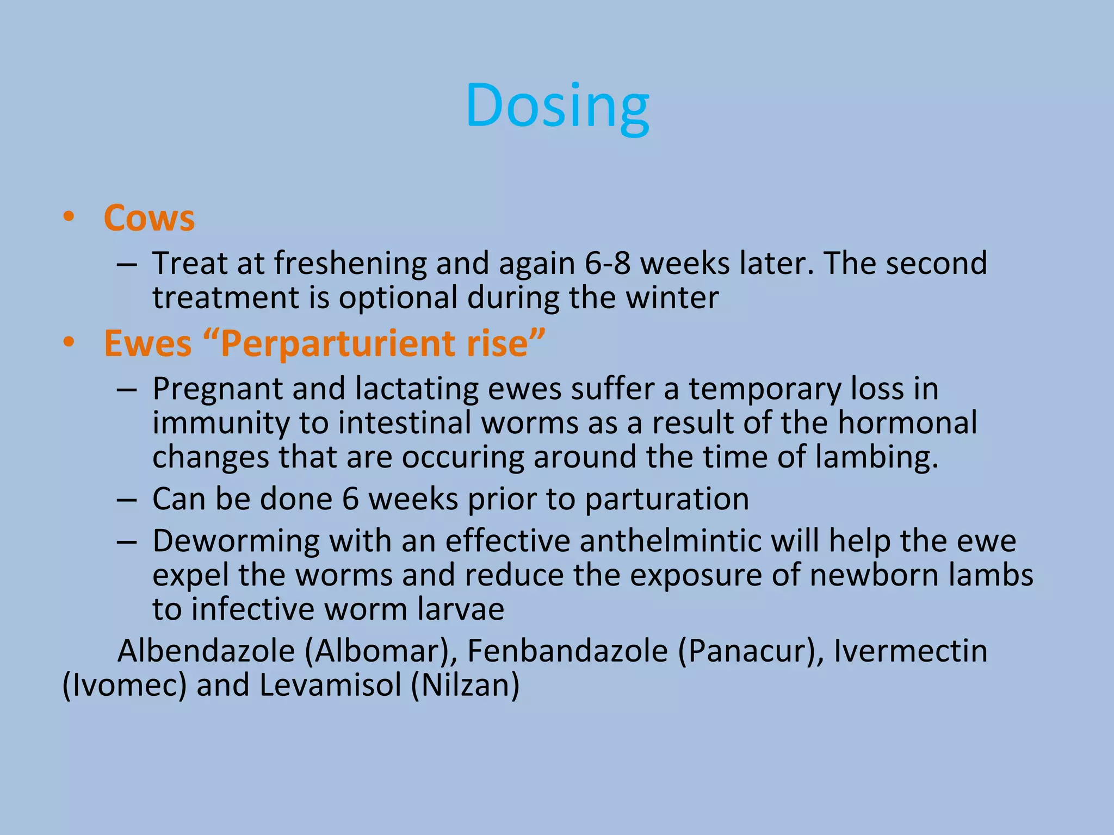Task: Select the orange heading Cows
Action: tap(149, 219)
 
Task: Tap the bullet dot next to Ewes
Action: tap(69, 343)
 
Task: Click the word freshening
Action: tap(350, 264)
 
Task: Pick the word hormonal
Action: tap(907, 423)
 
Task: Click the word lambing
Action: tap(876, 457)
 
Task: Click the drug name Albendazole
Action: tap(206, 651)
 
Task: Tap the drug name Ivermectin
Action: tap(910, 651)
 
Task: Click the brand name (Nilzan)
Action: tap(465, 686)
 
